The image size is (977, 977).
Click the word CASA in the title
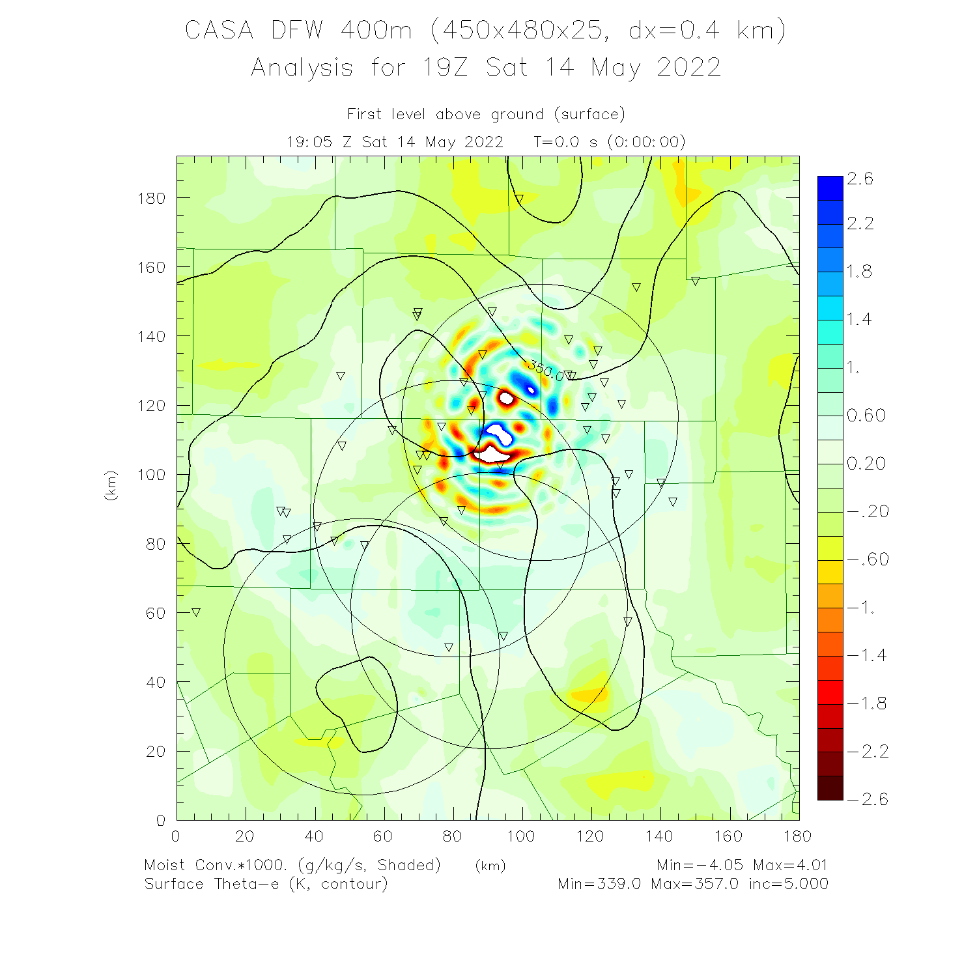pyautogui.click(x=219, y=31)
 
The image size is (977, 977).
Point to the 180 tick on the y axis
pyautogui.click(x=151, y=199)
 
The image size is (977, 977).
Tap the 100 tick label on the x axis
pyautogui.click(x=521, y=836)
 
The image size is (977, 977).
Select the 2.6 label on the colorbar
pyautogui.click(x=860, y=179)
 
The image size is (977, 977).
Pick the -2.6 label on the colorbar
pyautogui.click(x=868, y=799)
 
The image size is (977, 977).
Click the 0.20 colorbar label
pyautogui.click(x=866, y=464)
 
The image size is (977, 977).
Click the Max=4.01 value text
pyautogui.click(x=790, y=865)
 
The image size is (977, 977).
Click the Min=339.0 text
pyautogui.click(x=599, y=884)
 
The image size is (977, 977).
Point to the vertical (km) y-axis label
pyautogui.click(x=111, y=485)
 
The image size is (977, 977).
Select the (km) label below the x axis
pyautogui.click(x=490, y=866)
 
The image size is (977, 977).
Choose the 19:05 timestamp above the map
pyautogui.click(x=310, y=142)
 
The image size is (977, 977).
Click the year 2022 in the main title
pyautogui.click(x=688, y=68)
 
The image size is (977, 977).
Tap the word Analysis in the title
pyautogui.click(x=302, y=68)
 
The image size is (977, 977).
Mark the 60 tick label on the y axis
pyautogui.click(x=156, y=613)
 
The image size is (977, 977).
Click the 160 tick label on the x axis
pyautogui.click(x=728, y=836)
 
